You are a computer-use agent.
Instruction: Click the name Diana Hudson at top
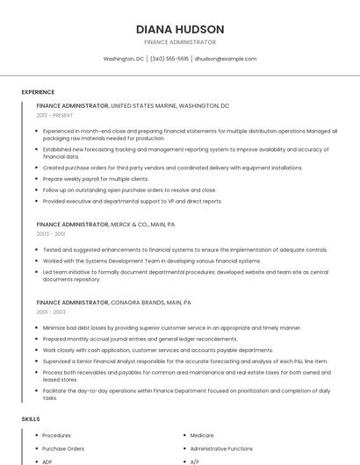180,29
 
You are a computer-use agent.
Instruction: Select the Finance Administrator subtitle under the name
180,42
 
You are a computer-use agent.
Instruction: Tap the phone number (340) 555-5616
169,59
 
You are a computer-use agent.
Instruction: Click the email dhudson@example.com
226,59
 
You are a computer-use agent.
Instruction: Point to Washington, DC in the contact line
124,59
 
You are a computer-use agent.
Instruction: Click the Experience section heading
38,91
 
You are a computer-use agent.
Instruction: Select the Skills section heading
31,419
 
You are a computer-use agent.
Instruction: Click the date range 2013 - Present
54,115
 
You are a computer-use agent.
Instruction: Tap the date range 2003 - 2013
51,234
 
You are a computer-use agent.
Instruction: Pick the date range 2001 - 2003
51,311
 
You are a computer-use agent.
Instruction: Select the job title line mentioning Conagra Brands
114,302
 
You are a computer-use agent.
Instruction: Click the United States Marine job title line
133,105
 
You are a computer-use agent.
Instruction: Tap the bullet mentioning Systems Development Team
151,261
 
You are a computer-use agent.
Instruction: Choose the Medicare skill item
202,435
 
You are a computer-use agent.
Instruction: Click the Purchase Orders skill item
63,448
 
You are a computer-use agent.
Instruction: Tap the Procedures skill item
57,435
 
